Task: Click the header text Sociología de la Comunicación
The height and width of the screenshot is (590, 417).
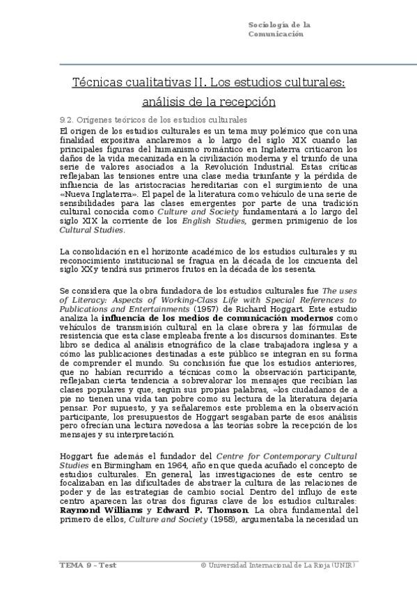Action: [278, 29]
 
